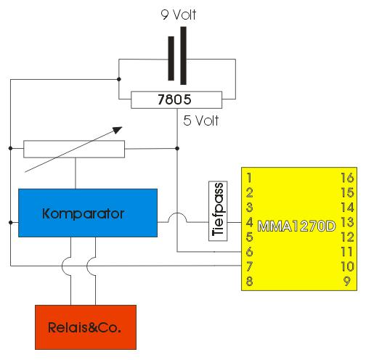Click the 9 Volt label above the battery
coord(179,15)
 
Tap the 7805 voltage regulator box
coord(176,99)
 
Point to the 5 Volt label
coord(201,120)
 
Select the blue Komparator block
coord(88,213)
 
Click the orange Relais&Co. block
coord(86,327)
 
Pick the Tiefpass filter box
coord(218,210)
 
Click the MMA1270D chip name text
coord(296,226)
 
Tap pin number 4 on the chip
coord(250,222)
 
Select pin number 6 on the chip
coord(250,252)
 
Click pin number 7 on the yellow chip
coord(250,266)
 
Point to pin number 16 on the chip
coord(347,178)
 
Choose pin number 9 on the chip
coord(347,281)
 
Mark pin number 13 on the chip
coord(347,222)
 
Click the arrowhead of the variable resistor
coord(118,130)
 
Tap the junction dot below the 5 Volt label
coord(177,148)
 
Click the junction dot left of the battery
coord(119,79)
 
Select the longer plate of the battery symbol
coord(183,56)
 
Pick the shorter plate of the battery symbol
coord(171,58)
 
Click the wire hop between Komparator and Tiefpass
coord(177,214)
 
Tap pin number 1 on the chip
coord(249,178)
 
